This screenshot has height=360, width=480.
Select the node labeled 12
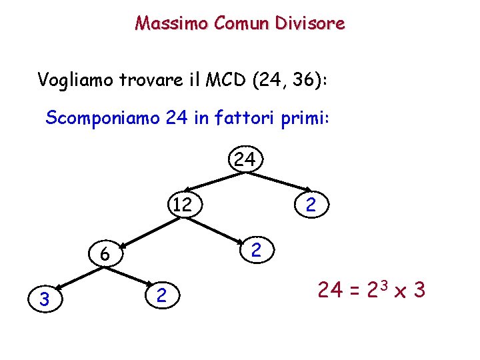click(181, 204)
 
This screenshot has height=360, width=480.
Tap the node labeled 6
click(104, 254)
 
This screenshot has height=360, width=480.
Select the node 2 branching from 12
click(257, 251)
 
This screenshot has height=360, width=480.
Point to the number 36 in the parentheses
click(303, 81)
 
